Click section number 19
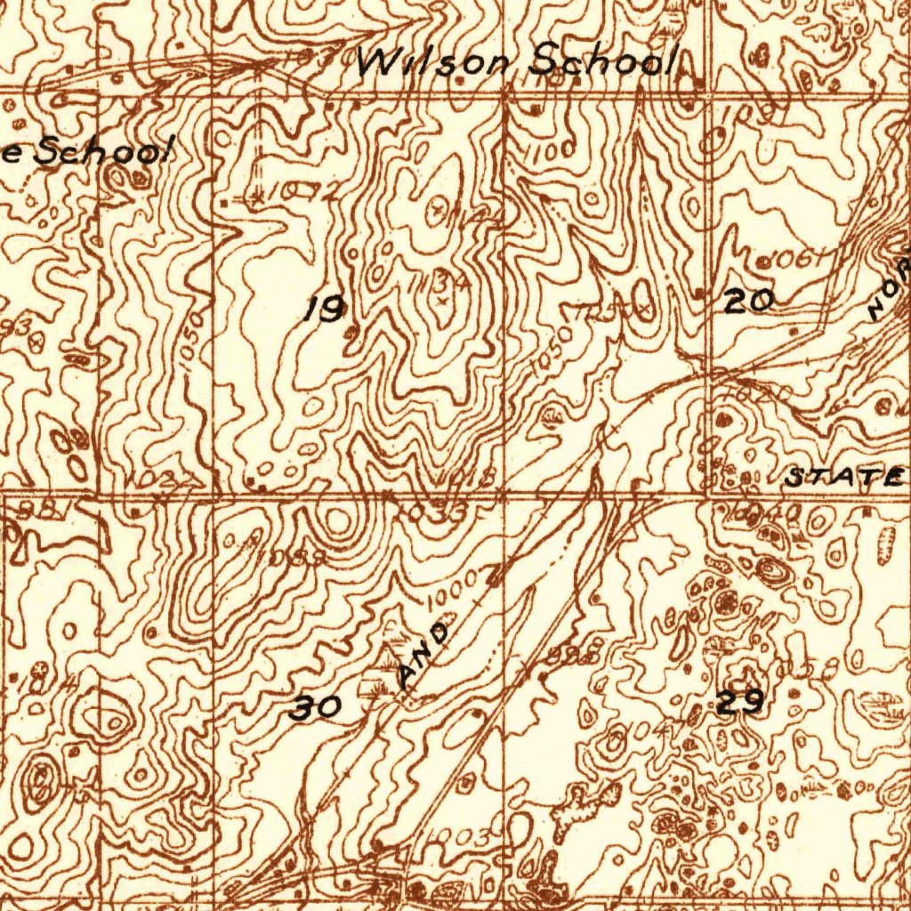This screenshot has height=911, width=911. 325,309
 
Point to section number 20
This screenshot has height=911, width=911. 746,302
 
